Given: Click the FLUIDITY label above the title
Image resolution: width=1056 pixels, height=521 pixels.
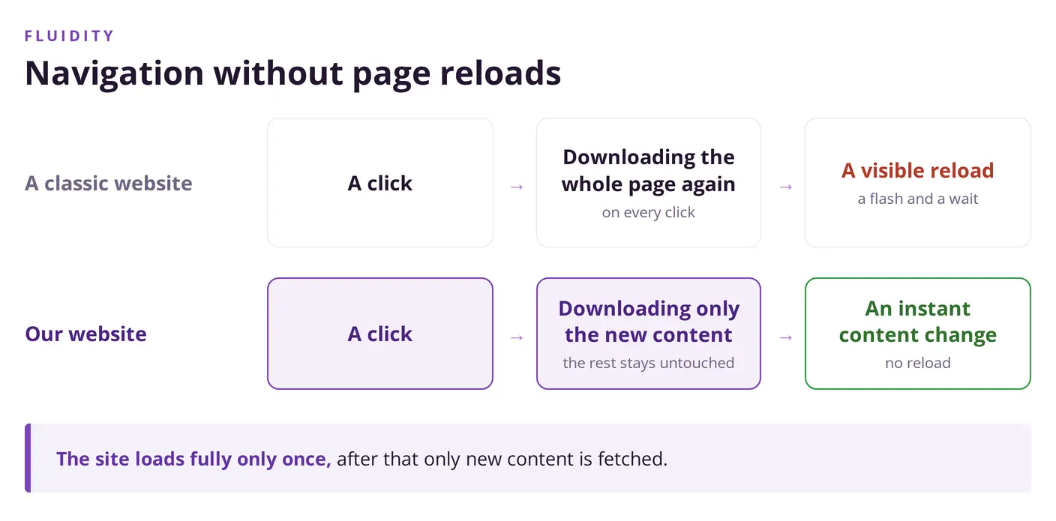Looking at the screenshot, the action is coord(69,36).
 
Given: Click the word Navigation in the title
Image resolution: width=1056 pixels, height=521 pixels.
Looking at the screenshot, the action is coord(114,73).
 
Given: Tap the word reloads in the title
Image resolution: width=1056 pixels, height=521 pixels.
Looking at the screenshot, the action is coord(500,73).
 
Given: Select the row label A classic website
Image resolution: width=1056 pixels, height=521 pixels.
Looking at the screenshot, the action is coord(109,183).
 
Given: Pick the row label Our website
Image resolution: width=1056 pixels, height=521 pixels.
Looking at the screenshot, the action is coord(85,334).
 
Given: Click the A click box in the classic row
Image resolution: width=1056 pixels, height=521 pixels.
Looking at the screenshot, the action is coord(380,183).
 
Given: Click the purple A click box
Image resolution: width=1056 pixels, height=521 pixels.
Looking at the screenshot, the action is coord(380,334).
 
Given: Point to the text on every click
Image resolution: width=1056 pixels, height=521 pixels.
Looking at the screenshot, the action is coord(648,212).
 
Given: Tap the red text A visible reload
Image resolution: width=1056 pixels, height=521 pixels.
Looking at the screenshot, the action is coord(917,170).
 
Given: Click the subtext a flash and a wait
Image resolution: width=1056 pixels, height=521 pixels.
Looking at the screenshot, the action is coord(917,199).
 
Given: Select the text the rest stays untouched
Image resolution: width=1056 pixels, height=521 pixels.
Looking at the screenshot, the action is coord(648,363).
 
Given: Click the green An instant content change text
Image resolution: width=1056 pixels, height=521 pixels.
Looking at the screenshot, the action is coord(917,322).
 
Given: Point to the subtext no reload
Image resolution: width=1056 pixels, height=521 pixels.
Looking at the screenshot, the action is coord(917,363).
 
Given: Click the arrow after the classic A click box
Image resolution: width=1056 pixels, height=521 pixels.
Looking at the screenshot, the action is coord(517,187).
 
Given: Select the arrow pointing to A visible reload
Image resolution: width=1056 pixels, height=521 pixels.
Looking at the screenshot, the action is coord(786,187).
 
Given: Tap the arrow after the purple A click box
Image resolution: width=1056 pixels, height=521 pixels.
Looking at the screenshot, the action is coord(517,337).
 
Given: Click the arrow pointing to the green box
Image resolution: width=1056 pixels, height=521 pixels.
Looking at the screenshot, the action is coord(786,337).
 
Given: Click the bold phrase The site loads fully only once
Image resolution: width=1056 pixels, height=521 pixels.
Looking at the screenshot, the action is coord(193,459).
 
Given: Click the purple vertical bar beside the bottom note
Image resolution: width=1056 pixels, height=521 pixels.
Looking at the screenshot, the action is coord(28,458).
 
